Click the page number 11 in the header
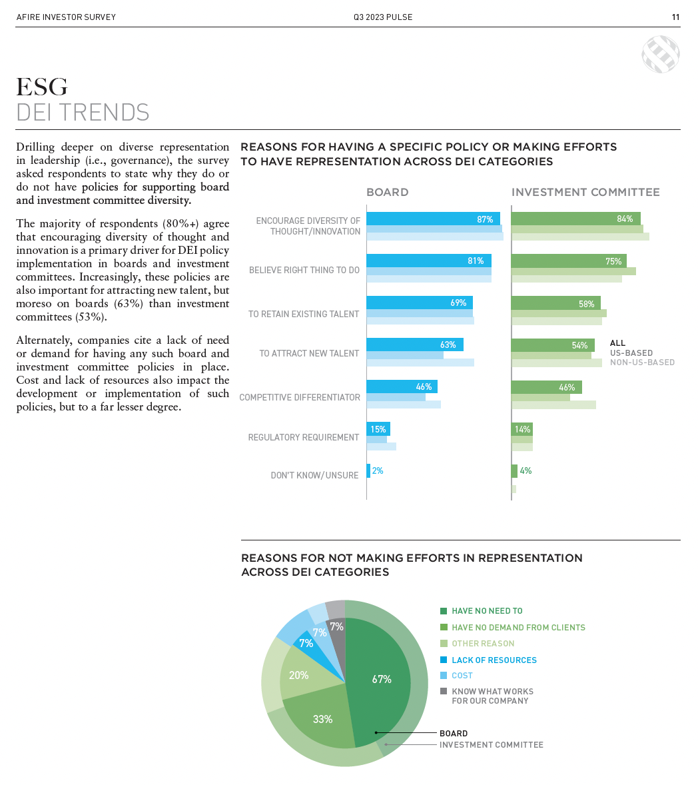[x=675, y=17]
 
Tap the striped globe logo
[x=660, y=54]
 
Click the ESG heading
[x=42, y=87]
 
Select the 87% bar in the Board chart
[x=433, y=219]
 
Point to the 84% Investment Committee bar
[x=575, y=219]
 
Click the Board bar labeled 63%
[x=414, y=345]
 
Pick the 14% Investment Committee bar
[x=522, y=430]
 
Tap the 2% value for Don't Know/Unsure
[x=378, y=470]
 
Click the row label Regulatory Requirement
[x=304, y=437]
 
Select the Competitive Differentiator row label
[x=300, y=397]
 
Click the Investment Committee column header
[x=585, y=192]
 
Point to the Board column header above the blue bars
[x=387, y=192]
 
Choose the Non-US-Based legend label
[x=642, y=363]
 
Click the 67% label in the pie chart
[x=382, y=680]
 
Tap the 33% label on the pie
[x=322, y=719]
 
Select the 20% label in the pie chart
[x=298, y=675]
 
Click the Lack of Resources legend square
[x=444, y=660]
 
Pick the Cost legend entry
[x=462, y=676]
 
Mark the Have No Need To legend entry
[x=487, y=611]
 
